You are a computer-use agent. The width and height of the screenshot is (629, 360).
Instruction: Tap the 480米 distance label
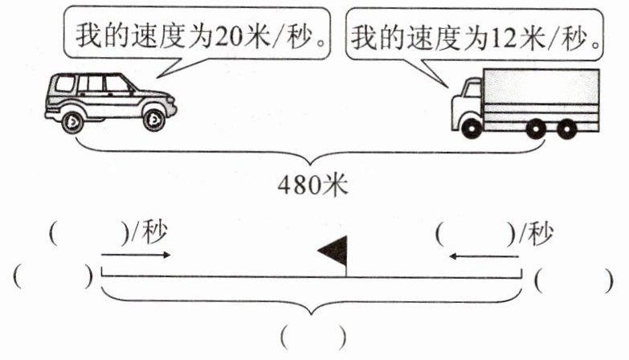(313, 185)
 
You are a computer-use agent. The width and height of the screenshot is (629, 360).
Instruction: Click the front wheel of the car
(153, 121)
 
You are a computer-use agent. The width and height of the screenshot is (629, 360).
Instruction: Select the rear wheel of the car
(71, 121)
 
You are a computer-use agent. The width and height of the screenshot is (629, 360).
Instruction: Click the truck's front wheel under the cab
(471, 127)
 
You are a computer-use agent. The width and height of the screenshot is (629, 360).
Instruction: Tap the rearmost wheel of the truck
(567, 127)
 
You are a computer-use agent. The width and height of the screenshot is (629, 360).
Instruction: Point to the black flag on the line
(333, 252)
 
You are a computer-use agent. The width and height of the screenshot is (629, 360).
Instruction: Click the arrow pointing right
(137, 256)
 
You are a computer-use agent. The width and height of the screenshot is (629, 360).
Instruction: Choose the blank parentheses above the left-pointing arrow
(475, 235)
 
